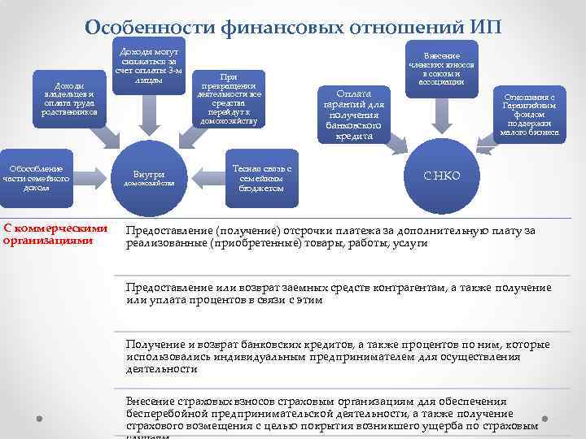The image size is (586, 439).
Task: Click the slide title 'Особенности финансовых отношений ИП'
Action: point(293,27)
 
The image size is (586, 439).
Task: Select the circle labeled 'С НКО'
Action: point(442,176)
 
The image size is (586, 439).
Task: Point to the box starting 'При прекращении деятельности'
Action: point(226,98)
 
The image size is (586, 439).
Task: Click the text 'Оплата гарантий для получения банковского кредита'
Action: point(354,114)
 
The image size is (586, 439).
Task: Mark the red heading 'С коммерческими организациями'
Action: point(55,234)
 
